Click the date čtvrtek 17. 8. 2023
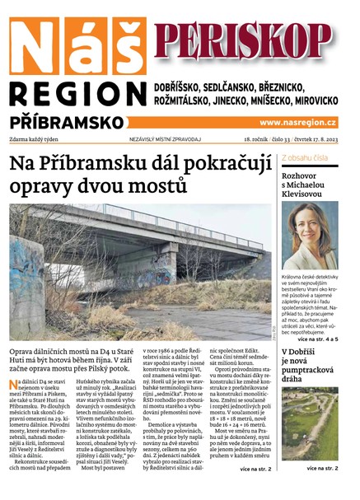(x=316, y=140)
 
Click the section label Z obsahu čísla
(x=305, y=157)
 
